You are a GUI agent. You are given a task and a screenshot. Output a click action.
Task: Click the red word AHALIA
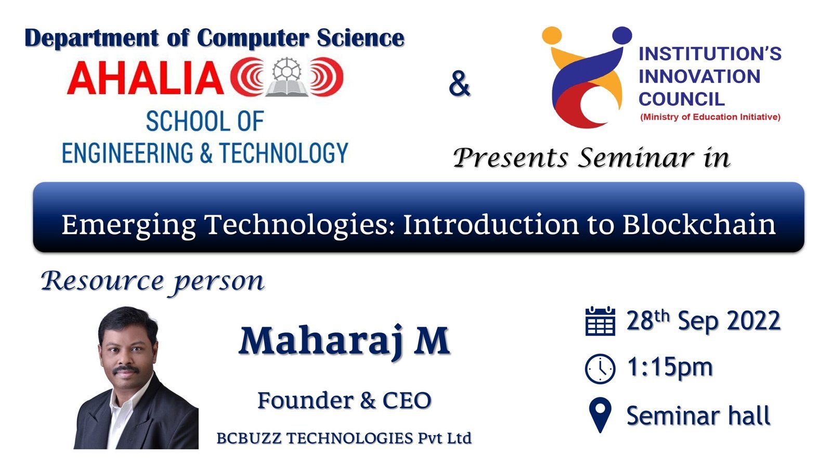click(146, 78)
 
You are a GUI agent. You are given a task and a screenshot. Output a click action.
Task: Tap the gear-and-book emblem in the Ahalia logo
click(287, 77)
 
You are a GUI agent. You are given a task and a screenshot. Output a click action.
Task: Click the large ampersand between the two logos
click(460, 84)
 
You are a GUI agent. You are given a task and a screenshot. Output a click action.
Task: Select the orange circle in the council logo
click(552, 36)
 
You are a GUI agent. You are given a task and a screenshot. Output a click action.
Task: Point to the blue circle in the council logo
click(622, 36)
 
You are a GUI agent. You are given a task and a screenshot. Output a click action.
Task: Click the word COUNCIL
click(682, 99)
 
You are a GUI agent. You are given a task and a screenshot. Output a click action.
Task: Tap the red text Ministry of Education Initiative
click(710, 117)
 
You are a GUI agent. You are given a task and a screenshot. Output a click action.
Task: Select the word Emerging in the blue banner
click(128, 226)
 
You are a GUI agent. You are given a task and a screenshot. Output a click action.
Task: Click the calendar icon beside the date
click(600, 322)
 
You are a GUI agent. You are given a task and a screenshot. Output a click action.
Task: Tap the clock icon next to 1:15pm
click(600, 369)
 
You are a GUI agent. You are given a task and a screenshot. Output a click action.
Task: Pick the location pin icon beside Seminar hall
click(600, 415)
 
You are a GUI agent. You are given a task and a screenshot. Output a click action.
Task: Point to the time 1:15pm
click(670, 368)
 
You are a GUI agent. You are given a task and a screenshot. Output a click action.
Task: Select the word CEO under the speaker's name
click(407, 400)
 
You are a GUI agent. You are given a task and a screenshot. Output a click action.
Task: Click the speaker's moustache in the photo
click(126, 370)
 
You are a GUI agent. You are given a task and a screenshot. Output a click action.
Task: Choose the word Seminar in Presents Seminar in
click(636, 158)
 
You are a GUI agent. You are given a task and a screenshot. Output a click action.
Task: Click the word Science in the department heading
click(360, 38)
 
